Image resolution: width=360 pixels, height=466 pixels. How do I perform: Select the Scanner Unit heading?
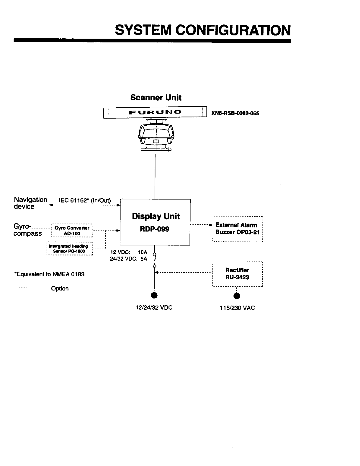(x=156, y=98)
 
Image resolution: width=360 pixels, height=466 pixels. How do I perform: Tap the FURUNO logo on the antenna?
(x=155, y=112)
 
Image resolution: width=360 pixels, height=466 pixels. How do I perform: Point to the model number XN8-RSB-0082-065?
(x=235, y=113)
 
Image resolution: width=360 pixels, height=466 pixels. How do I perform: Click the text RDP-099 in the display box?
(x=156, y=229)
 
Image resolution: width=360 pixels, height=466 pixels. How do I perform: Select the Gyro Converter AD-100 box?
(x=72, y=231)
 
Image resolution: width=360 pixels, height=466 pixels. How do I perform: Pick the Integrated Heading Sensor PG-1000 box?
(x=70, y=249)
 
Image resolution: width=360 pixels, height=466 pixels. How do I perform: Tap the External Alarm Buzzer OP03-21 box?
(x=238, y=229)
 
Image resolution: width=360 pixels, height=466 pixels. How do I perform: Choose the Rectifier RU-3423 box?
(x=237, y=274)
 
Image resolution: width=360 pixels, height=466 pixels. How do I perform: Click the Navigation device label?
(x=30, y=203)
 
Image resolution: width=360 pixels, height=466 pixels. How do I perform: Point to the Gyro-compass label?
(x=27, y=230)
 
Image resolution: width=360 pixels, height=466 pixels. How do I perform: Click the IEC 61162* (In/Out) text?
(x=85, y=201)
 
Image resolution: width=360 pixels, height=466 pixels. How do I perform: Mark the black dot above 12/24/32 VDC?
(x=154, y=296)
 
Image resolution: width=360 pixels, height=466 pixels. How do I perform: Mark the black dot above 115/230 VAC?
(x=237, y=296)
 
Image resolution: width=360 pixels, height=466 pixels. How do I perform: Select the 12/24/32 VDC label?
(x=154, y=308)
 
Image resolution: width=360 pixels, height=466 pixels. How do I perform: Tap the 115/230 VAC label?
(x=237, y=308)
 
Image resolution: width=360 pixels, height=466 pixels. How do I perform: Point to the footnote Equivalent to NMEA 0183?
(x=49, y=274)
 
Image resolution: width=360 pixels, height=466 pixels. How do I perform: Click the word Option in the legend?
(x=60, y=288)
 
